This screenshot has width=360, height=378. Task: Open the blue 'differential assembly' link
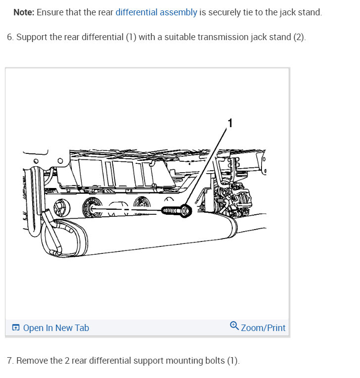coord(156,12)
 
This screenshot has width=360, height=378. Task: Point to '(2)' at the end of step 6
coord(299,38)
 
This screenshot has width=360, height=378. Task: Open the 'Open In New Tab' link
coord(56,328)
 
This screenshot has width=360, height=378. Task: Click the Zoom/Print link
coord(263,328)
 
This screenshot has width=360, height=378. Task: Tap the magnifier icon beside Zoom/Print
coord(234,326)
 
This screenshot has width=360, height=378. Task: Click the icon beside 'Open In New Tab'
coord(16,328)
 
